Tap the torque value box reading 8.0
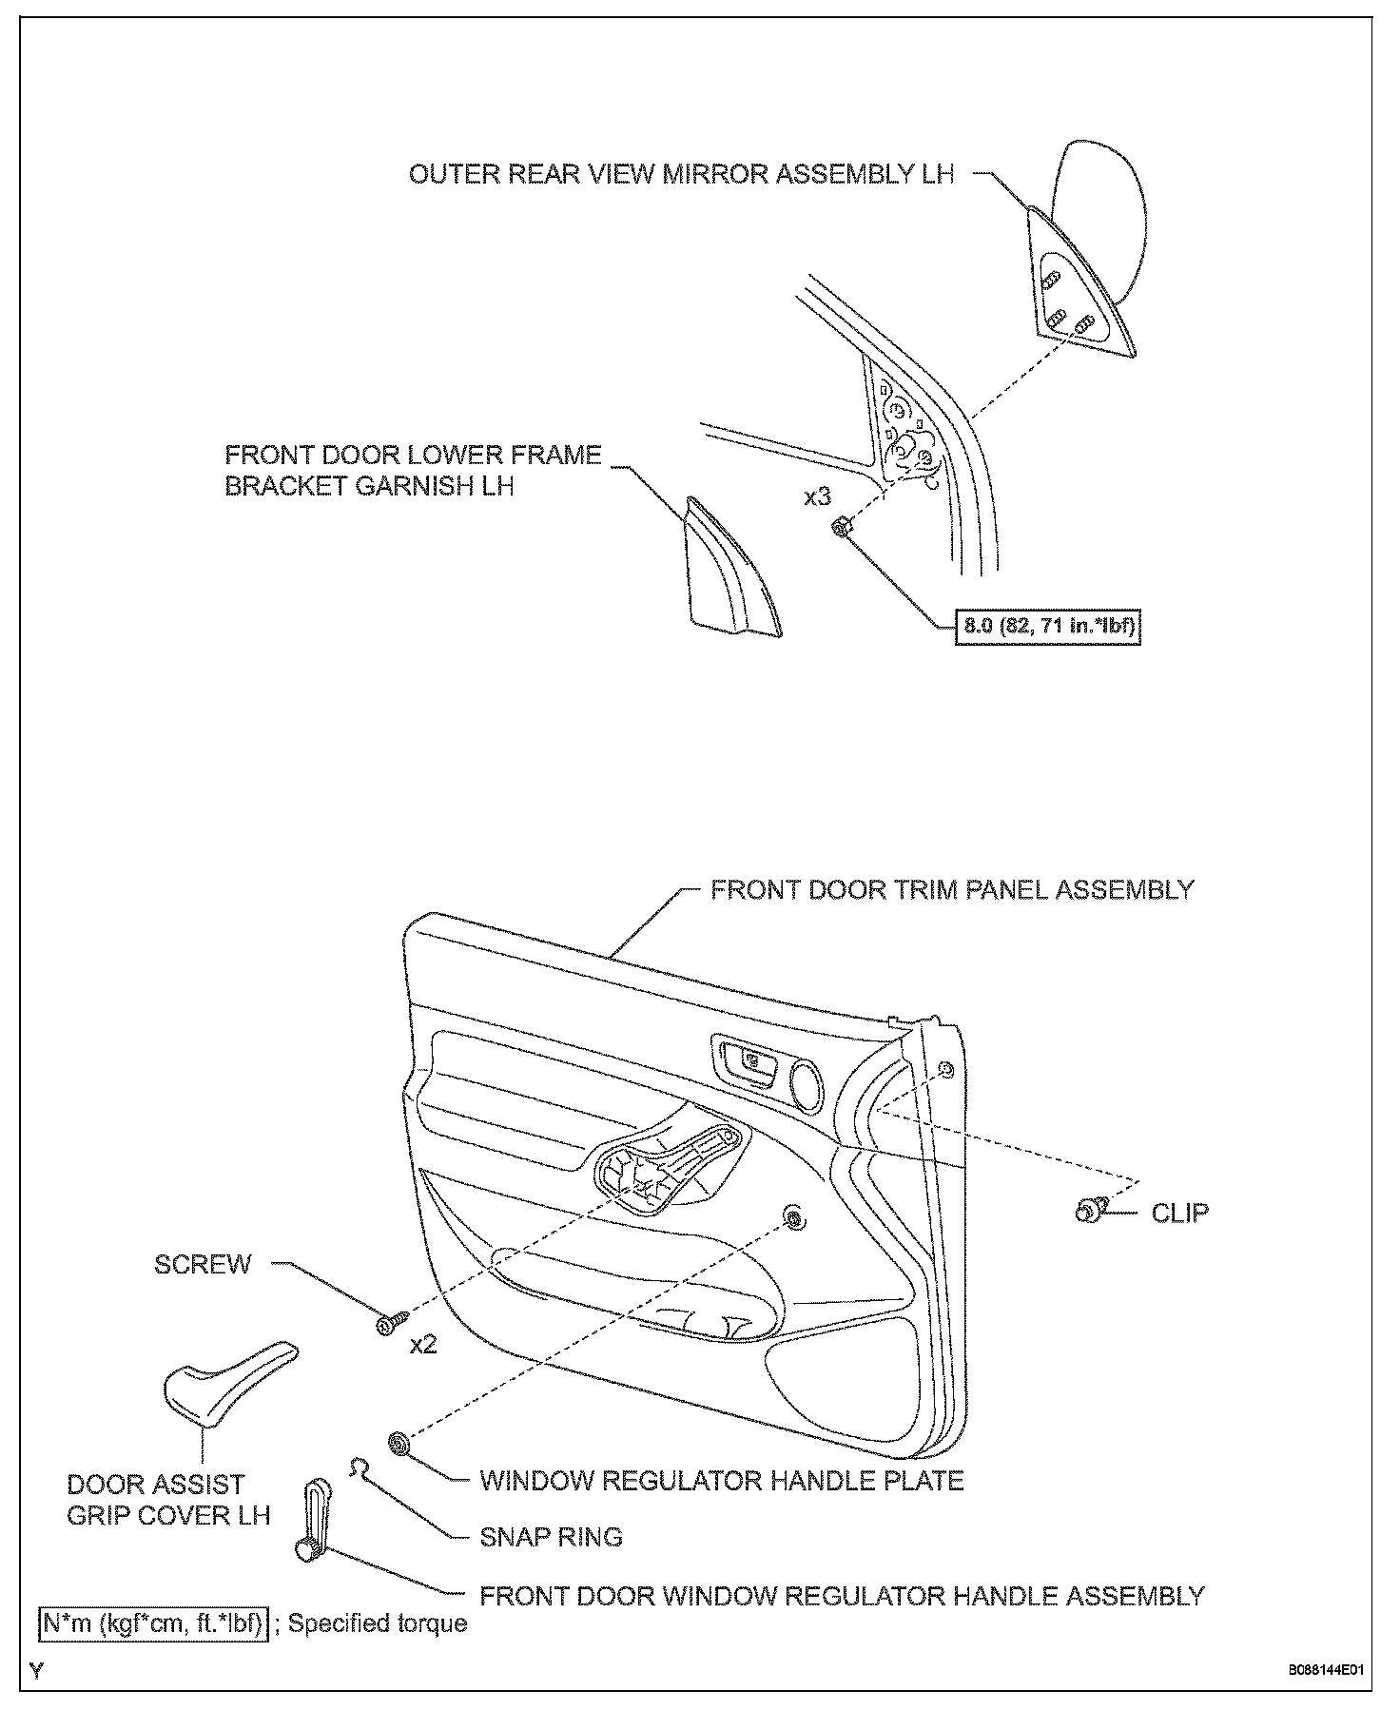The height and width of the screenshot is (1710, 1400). [1047, 626]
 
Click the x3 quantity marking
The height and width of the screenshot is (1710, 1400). [817, 496]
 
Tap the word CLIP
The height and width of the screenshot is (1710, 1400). [1179, 1213]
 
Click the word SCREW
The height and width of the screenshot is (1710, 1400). [203, 1264]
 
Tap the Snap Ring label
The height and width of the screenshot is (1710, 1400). [551, 1537]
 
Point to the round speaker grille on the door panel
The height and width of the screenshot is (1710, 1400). [808, 1086]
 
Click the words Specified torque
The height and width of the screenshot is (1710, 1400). [378, 1623]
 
